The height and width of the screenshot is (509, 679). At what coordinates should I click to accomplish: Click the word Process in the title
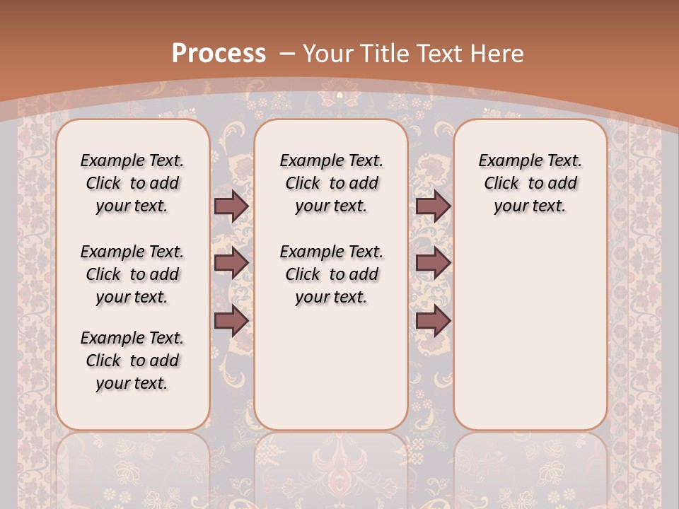coord(219,53)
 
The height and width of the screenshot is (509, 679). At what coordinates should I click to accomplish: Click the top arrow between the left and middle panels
coord(231,206)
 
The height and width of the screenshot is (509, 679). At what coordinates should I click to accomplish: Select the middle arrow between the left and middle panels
coord(231,263)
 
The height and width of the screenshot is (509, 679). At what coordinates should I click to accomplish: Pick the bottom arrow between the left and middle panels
coord(231,321)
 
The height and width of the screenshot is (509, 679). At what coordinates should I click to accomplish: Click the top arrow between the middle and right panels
coord(433,206)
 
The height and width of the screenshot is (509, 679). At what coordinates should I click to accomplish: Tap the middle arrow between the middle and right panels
coord(433,263)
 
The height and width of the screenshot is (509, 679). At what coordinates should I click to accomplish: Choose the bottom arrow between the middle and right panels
coord(433,321)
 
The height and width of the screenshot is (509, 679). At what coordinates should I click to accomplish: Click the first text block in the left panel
coord(132,183)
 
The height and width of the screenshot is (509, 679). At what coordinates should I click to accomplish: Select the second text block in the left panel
coord(132,274)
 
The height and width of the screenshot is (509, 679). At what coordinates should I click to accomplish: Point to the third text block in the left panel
coord(132,361)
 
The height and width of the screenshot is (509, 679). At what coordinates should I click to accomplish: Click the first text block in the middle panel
coord(331,183)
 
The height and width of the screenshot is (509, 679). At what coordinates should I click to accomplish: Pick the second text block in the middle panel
coord(331,274)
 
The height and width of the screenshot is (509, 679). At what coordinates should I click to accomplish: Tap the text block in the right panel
coord(530,183)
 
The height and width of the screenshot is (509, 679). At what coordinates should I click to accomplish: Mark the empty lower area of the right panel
coord(530,325)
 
